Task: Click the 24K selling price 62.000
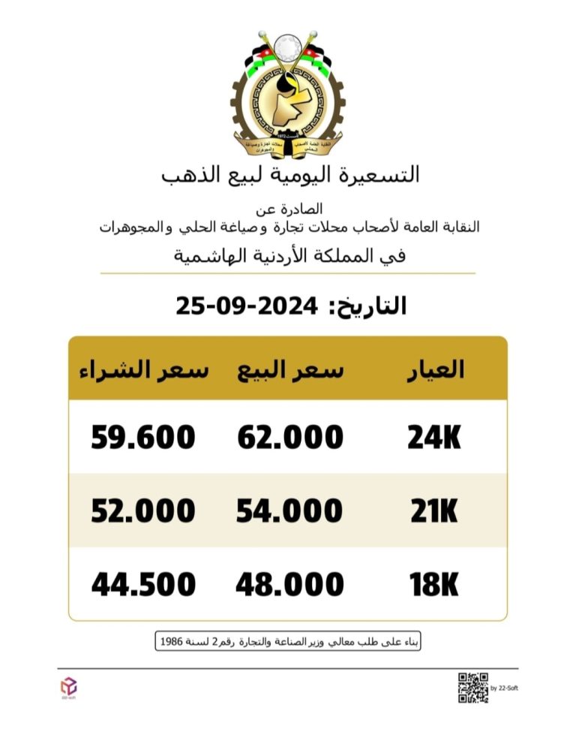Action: (290, 438)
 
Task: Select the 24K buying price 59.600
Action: (143, 438)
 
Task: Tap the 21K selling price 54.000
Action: (289, 511)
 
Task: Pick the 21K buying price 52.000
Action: (143, 511)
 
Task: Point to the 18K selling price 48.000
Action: (289, 585)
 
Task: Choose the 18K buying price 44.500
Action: (144, 585)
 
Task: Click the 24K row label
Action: (434, 438)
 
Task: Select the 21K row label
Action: (434, 511)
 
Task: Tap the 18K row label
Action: (434, 585)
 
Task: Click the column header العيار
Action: (434, 370)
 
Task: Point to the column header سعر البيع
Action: (290, 370)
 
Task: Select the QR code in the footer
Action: (473, 688)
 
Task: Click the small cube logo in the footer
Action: (68, 685)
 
